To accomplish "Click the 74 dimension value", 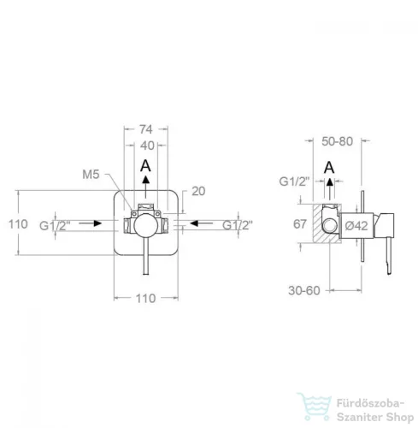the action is [145, 129].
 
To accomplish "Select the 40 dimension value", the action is [147, 146].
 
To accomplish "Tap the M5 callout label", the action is [91, 175].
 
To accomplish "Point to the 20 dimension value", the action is [198, 191].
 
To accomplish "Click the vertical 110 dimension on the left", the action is [18, 224].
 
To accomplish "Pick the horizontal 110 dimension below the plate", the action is [145, 299].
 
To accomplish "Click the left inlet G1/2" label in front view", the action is [55, 226].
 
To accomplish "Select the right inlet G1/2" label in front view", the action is [238, 225].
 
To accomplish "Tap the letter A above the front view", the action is [145, 166].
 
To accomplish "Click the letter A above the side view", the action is [329, 167].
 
